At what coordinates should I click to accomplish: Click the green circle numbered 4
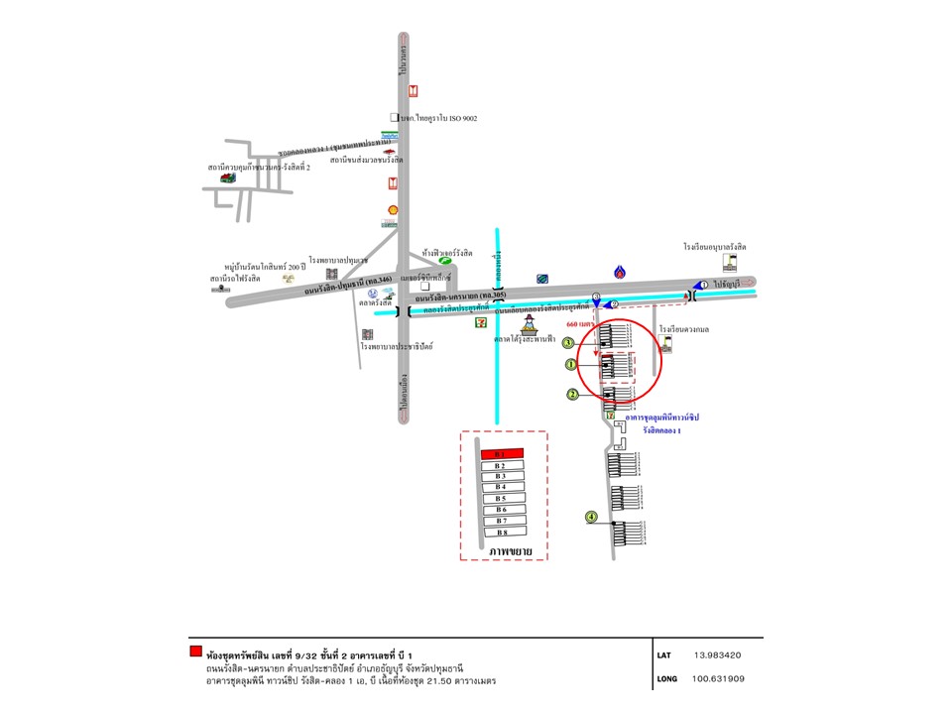coord(591,517)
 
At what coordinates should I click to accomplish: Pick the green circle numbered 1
coord(571,365)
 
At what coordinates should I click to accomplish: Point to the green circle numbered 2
coord(572,395)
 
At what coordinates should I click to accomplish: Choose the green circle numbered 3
coord(568,343)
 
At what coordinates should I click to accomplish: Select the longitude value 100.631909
coord(719,680)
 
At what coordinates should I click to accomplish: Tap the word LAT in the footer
coord(663,655)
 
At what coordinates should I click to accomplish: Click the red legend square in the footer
coord(195,652)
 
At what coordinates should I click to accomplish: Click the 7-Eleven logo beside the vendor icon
coord(482,320)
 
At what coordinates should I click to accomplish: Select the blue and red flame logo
coord(620,272)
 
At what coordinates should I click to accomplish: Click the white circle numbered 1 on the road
coord(703,285)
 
